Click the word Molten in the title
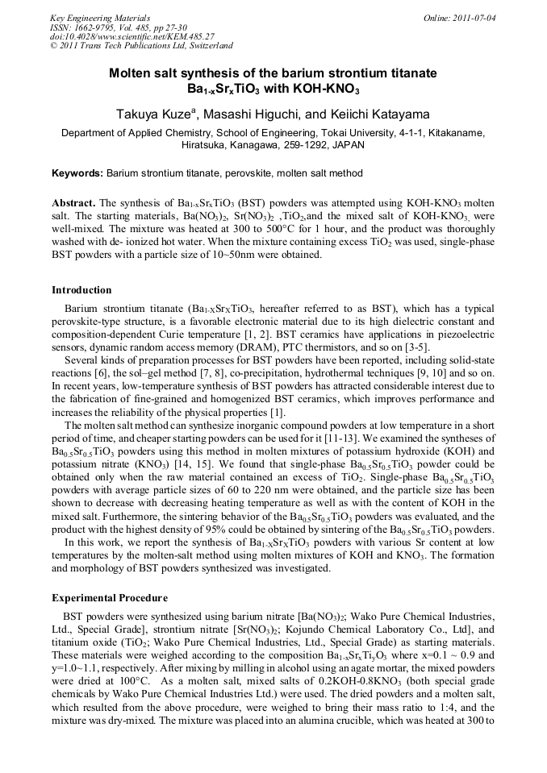[x=132, y=73]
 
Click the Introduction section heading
[x=81, y=290]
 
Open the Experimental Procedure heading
[x=110, y=598]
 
